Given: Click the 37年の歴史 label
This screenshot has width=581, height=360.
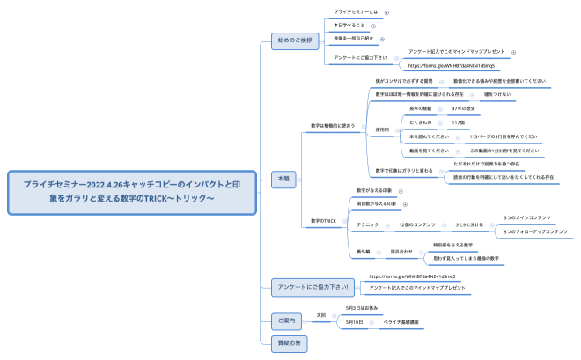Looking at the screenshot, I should (464, 108).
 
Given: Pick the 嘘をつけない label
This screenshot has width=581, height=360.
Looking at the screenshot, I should (495, 93).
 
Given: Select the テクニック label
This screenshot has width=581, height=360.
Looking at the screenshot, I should (366, 225).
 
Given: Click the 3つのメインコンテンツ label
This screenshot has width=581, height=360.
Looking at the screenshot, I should (527, 217).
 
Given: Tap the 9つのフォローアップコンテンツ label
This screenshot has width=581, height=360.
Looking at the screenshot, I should (534, 232).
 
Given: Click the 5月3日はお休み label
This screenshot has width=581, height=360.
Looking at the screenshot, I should (362, 308).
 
